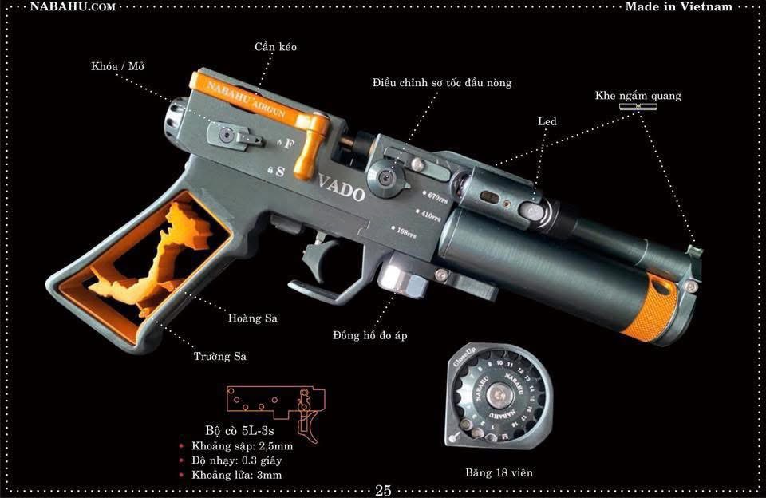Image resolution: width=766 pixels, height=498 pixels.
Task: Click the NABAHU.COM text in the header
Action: click(73, 6)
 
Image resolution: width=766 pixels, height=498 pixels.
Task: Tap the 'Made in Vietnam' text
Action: click(678, 6)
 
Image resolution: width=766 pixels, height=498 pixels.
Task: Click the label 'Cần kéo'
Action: click(276, 48)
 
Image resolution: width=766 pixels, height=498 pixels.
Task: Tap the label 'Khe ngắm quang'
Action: click(638, 96)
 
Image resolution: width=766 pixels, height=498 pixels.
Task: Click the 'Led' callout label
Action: click(547, 121)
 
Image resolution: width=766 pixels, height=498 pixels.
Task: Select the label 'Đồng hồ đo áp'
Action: click(370, 335)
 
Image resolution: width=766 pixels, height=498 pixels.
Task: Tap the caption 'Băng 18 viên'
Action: click(499, 472)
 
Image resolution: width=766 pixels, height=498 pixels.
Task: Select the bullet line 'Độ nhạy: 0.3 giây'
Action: click(238, 460)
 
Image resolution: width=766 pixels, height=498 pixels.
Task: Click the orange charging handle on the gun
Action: click(310, 144)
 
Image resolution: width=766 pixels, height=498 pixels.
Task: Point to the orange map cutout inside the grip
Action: click(168, 255)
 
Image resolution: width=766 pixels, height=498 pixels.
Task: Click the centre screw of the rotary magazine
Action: click(499, 394)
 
